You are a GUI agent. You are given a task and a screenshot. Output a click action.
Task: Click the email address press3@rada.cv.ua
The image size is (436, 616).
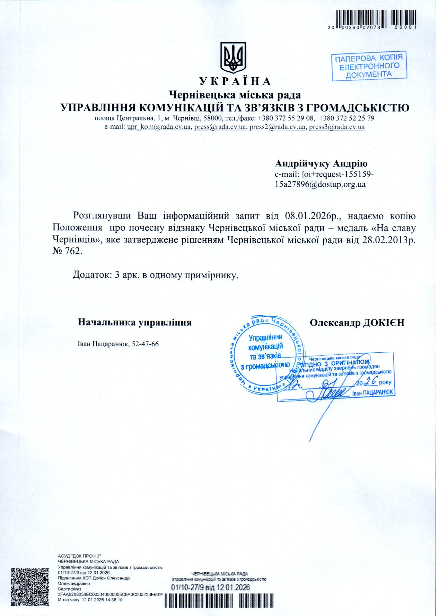point(337,127)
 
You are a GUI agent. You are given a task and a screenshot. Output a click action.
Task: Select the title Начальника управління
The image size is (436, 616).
point(134,323)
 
